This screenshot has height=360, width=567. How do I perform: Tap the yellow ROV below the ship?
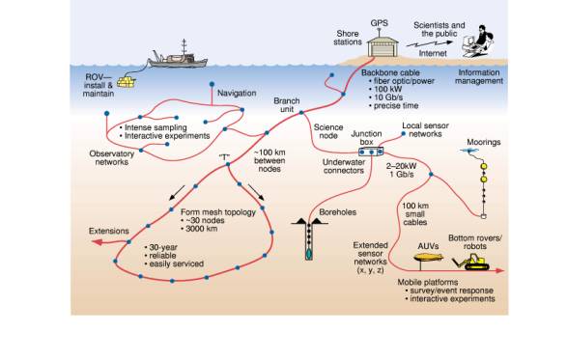(x=127, y=81)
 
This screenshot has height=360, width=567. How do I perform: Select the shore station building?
(x=383, y=47)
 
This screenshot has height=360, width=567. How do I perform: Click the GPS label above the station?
(x=379, y=23)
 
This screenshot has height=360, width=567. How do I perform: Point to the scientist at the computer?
(x=478, y=42)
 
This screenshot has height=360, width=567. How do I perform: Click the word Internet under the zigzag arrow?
(x=433, y=53)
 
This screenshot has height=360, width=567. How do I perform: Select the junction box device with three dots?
(x=371, y=152)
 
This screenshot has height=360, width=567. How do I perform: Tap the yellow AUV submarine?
(x=428, y=258)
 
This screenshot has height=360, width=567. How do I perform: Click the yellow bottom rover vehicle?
(x=470, y=262)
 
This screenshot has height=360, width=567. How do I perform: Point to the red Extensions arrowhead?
(x=96, y=242)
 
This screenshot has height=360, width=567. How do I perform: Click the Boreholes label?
(x=337, y=212)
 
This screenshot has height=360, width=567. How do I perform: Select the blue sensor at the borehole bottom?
(x=309, y=254)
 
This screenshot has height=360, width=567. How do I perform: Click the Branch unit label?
(x=286, y=105)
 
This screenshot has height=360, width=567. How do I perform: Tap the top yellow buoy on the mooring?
(x=484, y=167)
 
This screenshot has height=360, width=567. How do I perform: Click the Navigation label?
(x=237, y=93)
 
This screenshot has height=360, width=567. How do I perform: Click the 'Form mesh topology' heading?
(x=218, y=212)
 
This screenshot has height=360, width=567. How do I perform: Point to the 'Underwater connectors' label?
(x=344, y=166)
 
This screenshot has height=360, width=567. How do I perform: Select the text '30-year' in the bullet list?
(x=163, y=248)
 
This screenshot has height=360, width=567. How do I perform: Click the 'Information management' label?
(x=479, y=76)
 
